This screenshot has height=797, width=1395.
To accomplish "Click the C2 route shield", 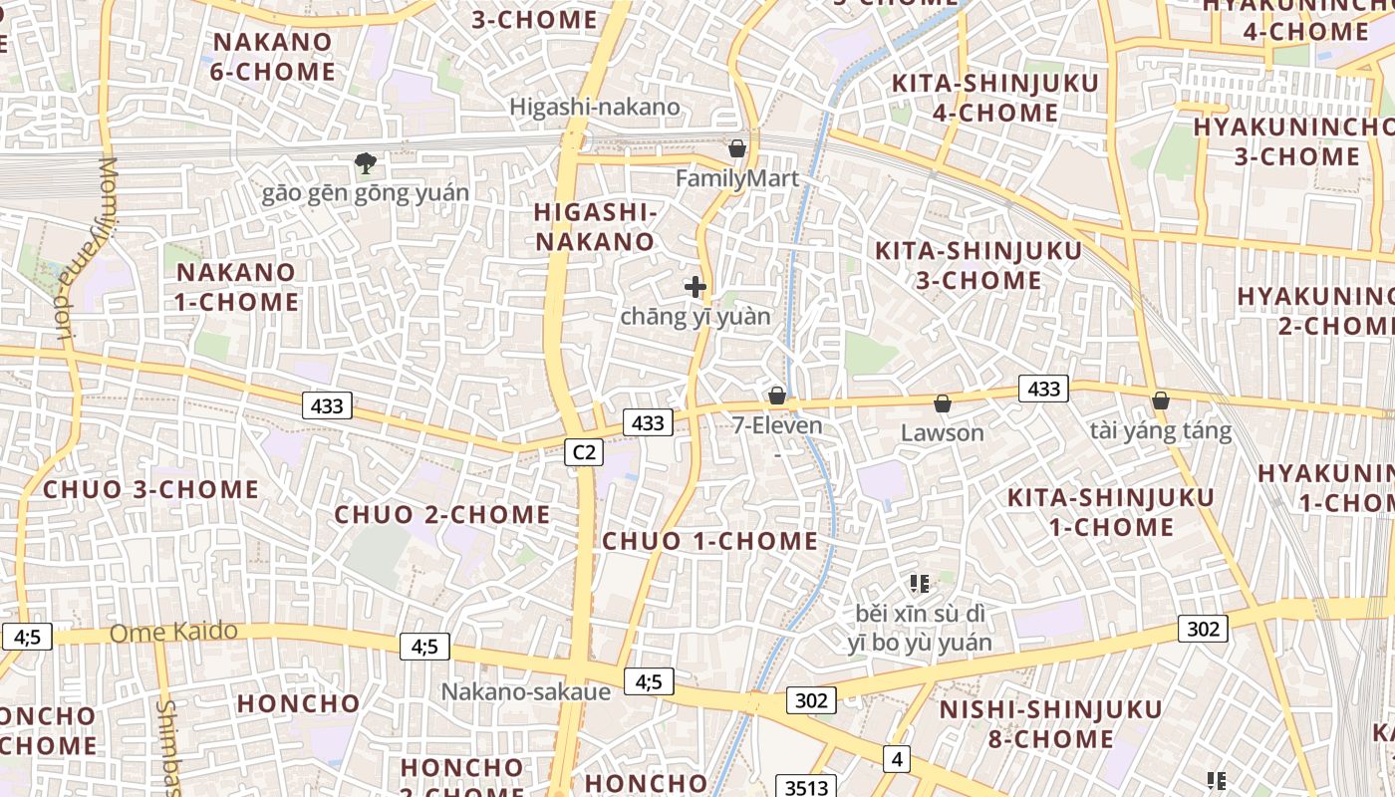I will point(584,452).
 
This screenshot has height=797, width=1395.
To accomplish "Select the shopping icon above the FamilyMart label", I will point(737,148).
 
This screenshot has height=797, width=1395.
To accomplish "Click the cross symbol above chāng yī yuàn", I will point(696,287).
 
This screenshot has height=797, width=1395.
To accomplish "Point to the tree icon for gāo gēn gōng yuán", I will point(366,162).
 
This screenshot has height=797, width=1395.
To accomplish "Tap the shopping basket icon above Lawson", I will point(942,403).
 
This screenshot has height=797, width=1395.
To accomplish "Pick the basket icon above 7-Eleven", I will point(777,396).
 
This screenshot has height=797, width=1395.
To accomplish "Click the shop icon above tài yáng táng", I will point(1161,400).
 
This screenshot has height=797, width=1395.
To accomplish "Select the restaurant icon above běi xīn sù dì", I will point(919,583).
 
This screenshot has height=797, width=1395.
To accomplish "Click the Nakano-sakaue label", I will point(526,691).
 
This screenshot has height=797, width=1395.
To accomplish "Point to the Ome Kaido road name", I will point(173,632).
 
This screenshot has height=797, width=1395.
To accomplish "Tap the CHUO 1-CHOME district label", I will point(709,541).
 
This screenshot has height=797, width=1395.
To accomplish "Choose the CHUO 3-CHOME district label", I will point(150,489).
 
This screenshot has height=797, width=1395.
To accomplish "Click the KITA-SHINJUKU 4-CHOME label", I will point(994,98).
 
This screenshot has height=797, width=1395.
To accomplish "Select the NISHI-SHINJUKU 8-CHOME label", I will point(1050,724).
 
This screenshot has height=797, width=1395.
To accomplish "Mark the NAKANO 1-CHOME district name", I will point(236,287).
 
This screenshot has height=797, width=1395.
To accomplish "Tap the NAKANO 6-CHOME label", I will point(273,57).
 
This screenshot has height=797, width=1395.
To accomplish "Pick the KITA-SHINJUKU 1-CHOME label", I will point(1110,512).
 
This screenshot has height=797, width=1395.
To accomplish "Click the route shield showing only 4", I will point(897,759).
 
